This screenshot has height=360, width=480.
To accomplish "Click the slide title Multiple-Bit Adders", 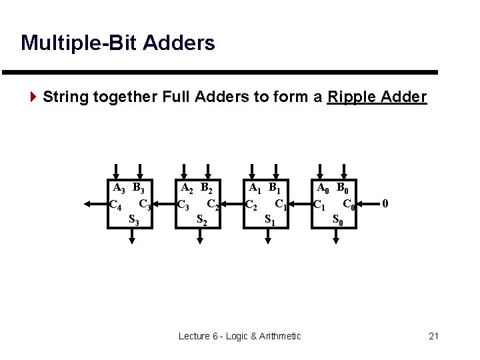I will point(118,43).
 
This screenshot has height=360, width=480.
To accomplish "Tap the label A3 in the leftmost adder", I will point(118,189).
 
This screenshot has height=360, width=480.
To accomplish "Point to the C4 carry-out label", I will point(115,205).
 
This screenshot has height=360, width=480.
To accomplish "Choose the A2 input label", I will point(187,189).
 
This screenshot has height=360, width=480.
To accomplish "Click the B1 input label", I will point(277,189).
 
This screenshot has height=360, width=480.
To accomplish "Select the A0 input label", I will point(323,189).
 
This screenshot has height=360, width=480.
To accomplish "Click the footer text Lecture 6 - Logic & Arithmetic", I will point(239,335).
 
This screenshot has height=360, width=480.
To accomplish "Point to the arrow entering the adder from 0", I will point(368,203).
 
